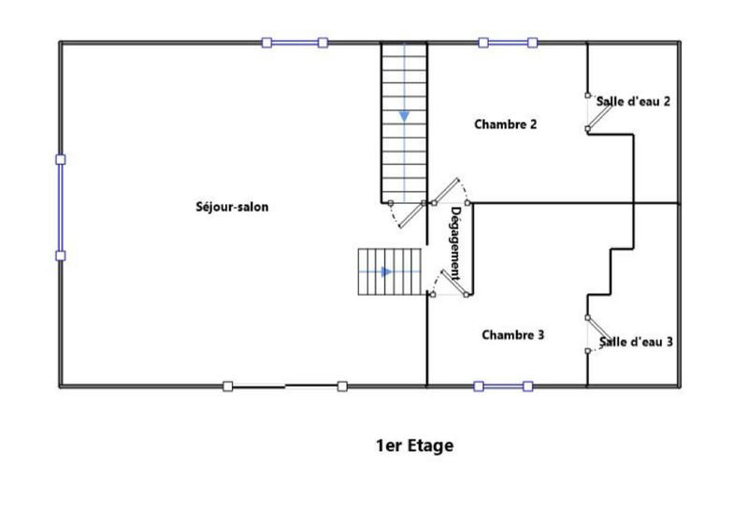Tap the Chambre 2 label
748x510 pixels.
[505, 124]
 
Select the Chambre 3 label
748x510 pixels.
[513, 334]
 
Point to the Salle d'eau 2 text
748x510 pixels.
[634, 102]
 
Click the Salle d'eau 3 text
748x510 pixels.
[636, 342]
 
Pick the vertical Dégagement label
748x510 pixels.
[455, 243]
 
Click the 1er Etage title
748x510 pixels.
[414, 445]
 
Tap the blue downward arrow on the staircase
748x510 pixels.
[404, 115]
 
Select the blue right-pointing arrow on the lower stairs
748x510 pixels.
[386, 271]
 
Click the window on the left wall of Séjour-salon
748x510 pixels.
[61, 207]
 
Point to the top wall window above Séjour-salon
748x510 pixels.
[295, 42]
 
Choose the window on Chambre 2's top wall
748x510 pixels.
[508, 42]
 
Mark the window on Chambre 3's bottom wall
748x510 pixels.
[503, 386]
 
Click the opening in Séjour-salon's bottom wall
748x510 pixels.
[285, 386]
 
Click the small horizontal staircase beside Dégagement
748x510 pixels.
[389, 272]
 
